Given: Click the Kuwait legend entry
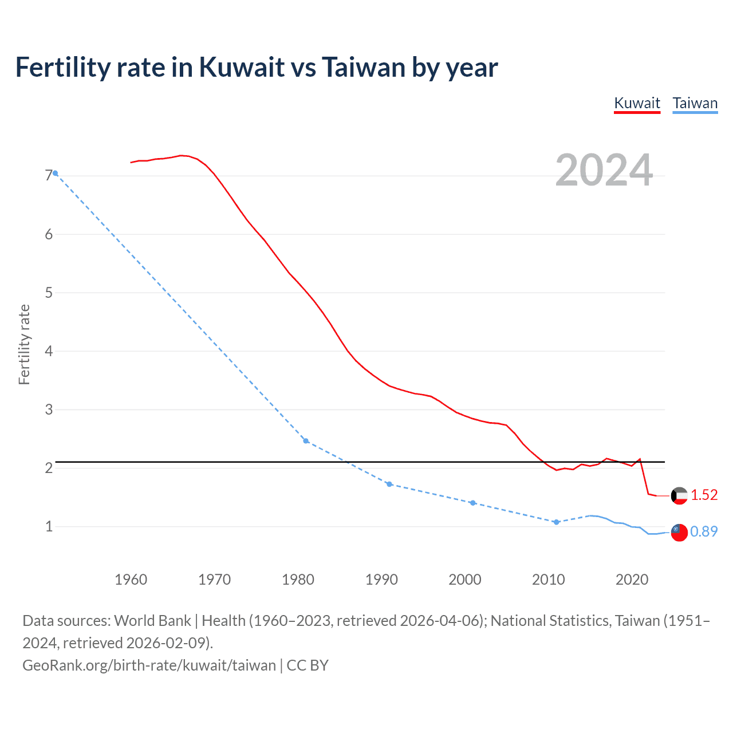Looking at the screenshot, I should click(637, 103).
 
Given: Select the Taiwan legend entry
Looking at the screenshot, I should click(695, 103).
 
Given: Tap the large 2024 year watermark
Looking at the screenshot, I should click(604, 170).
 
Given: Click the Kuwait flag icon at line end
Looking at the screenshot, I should click(679, 495).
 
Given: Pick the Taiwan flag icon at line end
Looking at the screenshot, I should click(679, 532).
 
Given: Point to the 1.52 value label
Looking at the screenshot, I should click(704, 495).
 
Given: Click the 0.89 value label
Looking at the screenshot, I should click(704, 532).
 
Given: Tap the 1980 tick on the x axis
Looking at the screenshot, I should click(298, 580).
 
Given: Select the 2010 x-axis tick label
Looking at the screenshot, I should click(548, 580).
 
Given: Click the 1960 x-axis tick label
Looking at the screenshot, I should click(131, 580).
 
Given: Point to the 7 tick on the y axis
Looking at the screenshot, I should click(49, 176).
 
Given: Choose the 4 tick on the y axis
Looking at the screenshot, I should click(49, 351).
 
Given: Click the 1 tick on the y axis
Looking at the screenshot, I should click(49, 526).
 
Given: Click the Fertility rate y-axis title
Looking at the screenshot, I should click(24, 345).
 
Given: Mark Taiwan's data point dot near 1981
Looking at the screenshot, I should click(306, 441).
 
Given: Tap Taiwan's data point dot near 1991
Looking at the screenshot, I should click(389, 484).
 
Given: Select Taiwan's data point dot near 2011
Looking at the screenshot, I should click(556, 522).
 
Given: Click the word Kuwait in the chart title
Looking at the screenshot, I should click(241, 68).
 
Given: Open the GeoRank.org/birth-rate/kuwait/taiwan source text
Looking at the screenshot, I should click(149, 665).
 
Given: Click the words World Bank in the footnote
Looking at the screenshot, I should click(152, 621).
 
